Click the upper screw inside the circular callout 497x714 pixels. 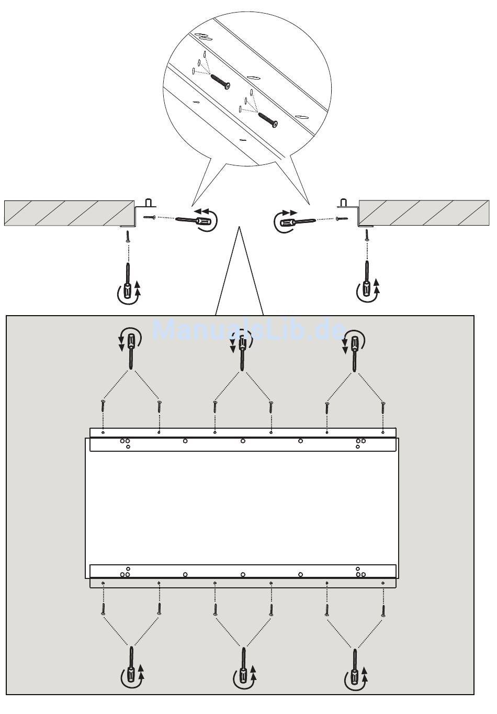pyautogui.click(x=220, y=82)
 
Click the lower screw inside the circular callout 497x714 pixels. pyautogui.click(x=268, y=120)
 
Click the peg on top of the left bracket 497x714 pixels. pyautogui.click(x=148, y=203)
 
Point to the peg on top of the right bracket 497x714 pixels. pyautogui.click(x=343, y=203)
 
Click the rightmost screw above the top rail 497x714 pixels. pyautogui.click(x=383, y=408)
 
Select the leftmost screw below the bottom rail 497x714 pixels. pyautogui.click(x=103, y=609)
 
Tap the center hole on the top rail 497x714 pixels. pyautogui.click(x=243, y=441)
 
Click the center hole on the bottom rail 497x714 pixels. pyautogui.click(x=243, y=574)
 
